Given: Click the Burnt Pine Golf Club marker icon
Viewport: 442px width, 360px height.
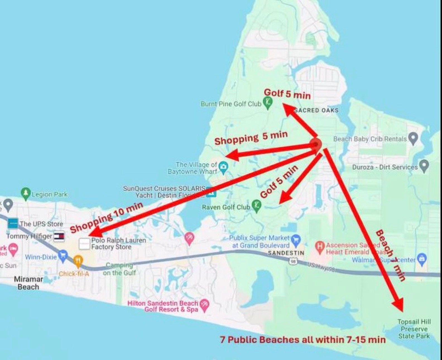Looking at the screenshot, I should (268, 103).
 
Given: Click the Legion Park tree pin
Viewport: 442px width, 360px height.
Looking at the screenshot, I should (26, 193).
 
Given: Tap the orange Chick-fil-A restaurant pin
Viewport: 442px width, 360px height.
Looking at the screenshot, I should (78, 261).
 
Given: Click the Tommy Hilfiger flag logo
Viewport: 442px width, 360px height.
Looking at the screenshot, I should (59, 236).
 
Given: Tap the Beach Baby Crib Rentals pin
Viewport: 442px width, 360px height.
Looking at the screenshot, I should (413, 138).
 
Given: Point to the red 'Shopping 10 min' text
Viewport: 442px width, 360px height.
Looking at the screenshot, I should (106, 217).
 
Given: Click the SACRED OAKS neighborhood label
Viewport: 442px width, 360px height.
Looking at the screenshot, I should (316, 110).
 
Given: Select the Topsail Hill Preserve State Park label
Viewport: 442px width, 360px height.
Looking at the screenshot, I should (414, 329).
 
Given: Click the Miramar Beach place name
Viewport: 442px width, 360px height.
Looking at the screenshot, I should (28, 283).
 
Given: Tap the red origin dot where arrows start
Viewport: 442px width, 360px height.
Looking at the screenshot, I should (316, 144).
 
